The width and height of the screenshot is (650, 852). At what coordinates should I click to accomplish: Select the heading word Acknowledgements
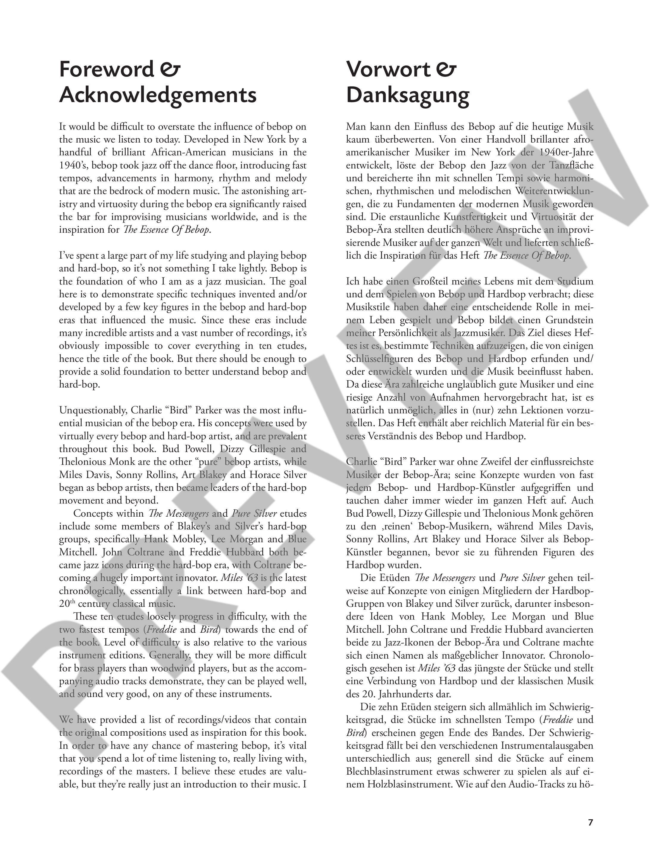158,95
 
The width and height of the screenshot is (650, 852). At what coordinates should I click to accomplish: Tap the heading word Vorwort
388,69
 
